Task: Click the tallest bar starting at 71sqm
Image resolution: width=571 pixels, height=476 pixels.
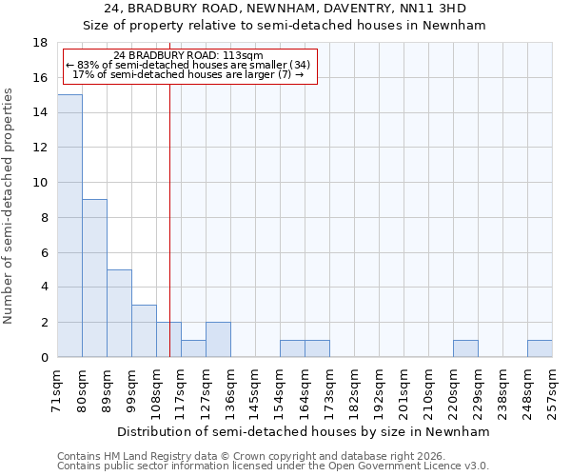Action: point(69,226)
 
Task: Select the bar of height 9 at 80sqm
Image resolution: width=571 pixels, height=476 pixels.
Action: point(94,278)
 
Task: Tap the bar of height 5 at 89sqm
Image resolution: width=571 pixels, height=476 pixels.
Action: point(119,313)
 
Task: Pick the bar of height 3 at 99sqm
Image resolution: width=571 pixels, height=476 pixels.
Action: point(144,330)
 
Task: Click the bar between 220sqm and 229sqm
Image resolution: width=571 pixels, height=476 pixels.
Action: point(465,348)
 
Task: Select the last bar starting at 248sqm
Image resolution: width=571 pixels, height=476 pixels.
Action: point(540,348)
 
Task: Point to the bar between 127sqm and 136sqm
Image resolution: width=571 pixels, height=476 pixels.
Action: point(218,340)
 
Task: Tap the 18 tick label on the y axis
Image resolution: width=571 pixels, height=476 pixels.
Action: point(41,43)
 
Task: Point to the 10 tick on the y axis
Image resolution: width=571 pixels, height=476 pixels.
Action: point(41,183)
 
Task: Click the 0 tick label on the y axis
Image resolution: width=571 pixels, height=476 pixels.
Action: point(44,358)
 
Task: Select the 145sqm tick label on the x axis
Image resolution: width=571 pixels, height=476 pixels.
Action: point(256,389)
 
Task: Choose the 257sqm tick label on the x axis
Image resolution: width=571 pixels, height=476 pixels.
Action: point(553,389)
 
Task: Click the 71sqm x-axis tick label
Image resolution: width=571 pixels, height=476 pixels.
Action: point(58,389)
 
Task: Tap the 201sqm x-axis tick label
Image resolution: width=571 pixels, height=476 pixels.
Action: point(404,389)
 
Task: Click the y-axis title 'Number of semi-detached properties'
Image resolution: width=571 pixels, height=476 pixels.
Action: point(10,205)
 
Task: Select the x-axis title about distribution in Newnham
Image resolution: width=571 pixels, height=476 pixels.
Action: point(305,431)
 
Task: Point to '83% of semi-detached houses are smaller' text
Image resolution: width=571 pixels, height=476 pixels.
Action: point(187,65)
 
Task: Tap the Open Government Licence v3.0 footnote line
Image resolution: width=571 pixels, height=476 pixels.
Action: point(272,466)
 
